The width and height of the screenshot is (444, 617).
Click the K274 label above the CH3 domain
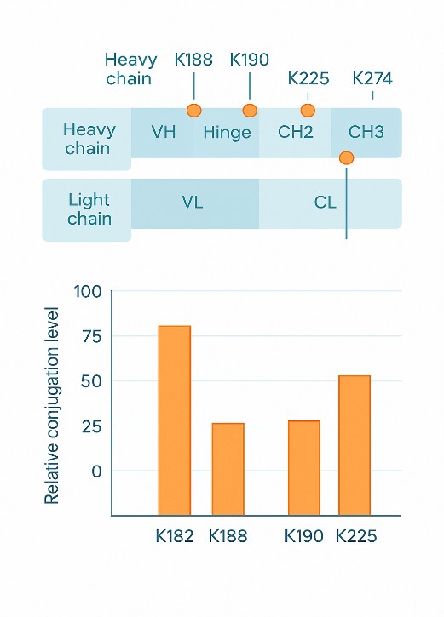[372, 79]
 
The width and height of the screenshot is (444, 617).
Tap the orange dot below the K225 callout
[308, 110]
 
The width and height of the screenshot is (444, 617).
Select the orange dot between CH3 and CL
[346, 157]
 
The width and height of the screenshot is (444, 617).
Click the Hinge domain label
[227, 132]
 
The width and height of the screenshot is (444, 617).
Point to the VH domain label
[164, 132]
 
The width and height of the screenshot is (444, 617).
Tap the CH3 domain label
[366, 132]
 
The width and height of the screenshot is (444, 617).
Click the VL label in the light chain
[193, 203]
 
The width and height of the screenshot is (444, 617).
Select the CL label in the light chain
[325, 203]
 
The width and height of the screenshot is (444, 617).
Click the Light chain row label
[89, 209]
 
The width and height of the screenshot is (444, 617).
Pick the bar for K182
[175, 420]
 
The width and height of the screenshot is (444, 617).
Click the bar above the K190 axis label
[303, 468]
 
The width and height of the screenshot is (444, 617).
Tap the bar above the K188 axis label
[228, 469]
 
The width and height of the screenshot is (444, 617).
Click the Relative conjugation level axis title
[52, 404]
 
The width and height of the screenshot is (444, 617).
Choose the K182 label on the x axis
[175, 537]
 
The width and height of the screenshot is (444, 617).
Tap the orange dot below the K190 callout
[250, 110]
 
